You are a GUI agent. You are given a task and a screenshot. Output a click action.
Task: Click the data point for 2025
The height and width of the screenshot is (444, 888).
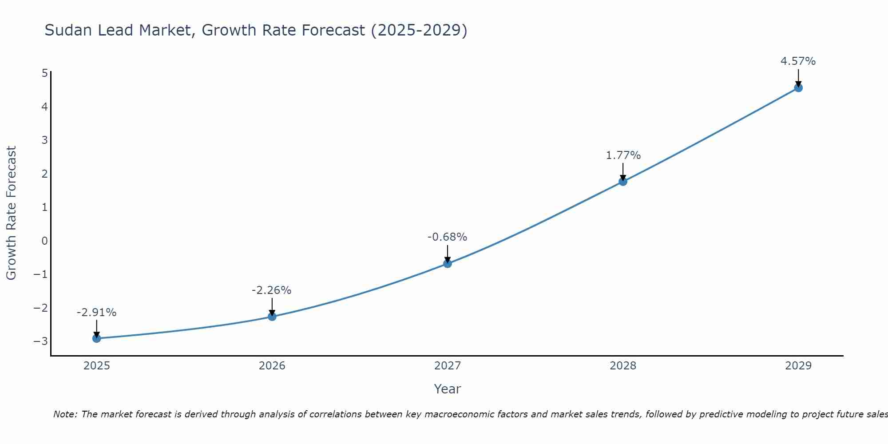(97, 338)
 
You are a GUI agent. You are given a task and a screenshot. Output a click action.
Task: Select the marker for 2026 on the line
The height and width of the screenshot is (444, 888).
(272, 317)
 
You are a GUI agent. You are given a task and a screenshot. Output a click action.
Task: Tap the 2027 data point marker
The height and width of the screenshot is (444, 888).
(448, 264)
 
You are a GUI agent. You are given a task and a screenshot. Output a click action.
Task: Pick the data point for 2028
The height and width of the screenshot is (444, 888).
(623, 182)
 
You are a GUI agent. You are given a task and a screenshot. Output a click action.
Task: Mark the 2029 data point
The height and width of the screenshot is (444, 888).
(798, 88)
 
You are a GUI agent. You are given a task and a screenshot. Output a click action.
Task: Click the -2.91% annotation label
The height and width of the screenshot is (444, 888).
(96, 313)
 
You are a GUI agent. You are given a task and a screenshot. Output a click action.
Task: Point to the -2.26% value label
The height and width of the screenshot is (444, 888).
(271, 290)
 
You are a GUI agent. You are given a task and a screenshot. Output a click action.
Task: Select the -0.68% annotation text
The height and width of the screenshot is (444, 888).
(447, 237)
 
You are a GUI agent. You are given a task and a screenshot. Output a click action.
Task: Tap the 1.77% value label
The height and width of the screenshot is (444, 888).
(623, 155)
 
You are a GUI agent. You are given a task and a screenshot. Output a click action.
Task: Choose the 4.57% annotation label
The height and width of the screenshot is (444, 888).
(798, 61)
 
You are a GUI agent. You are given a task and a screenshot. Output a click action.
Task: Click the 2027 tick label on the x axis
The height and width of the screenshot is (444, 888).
(448, 366)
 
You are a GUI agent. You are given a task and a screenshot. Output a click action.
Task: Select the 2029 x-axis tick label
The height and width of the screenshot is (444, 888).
(798, 366)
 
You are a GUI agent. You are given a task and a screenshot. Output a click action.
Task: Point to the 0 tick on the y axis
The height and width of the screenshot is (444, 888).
(44, 241)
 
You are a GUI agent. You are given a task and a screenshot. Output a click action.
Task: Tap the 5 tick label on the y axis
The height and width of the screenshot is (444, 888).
(44, 73)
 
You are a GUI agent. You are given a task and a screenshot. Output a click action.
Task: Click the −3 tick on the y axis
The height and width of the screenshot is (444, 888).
(41, 341)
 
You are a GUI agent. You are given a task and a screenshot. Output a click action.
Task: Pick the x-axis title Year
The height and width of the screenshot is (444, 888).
(448, 389)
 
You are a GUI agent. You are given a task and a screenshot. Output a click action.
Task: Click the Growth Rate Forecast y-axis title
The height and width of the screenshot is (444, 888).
(11, 213)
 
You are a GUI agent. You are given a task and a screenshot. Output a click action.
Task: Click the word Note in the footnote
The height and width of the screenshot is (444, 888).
(65, 414)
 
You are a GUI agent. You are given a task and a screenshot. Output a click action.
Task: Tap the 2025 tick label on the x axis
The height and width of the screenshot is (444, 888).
(97, 366)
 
